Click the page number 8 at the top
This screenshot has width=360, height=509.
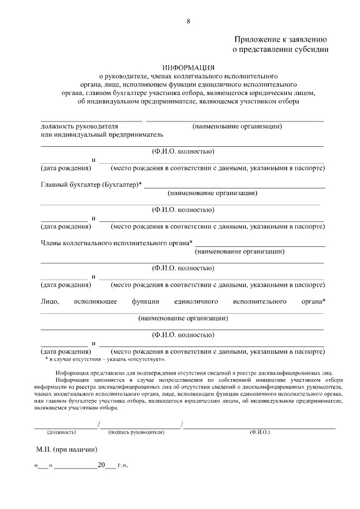[x=188, y=21]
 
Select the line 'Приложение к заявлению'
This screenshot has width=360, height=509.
[x=280, y=39]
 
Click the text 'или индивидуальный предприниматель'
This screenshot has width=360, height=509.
[x=102, y=135]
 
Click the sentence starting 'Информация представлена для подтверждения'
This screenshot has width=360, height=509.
[x=195, y=372]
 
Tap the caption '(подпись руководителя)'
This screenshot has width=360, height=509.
[x=136, y=432]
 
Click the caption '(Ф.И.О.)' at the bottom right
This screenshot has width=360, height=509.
[x=259, y=432]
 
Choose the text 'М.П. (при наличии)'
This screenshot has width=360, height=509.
[x=66, y=450]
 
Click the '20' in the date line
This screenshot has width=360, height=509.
[x=101, y=466]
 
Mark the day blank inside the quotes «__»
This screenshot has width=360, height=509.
[x=43, y=466]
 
